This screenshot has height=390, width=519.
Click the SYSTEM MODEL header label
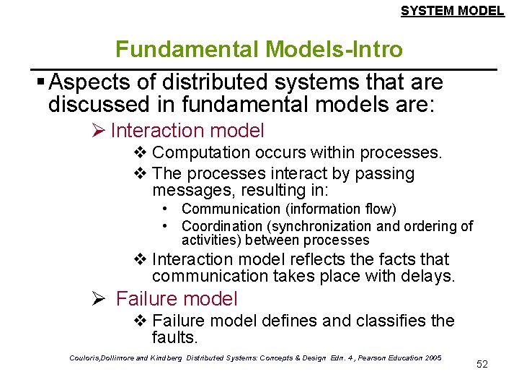coord(452,11)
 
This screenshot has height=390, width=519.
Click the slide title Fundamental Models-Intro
coord(259,49)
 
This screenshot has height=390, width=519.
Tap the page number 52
coord(482,364)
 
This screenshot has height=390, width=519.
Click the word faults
coord(174,337)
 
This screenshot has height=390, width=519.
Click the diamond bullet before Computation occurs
coord(141,153)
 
